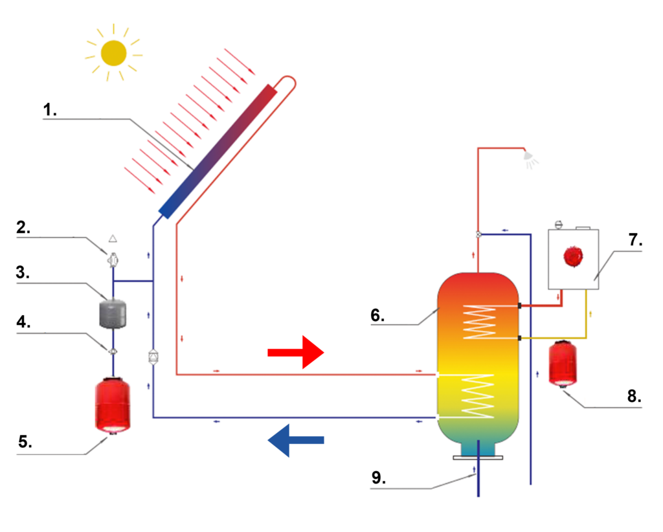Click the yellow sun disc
[x=114, y=53]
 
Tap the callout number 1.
[x=50, y=110]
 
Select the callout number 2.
[x=23, y=227]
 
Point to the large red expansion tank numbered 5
[x=113, y=406]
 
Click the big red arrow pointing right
[x=295, y=353]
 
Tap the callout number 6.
[x=377, y=316]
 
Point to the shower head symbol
[x=529, y=157]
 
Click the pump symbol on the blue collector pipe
[x=153, y=357]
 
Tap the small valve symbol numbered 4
[x=113, y=351]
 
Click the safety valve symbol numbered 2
[x=113, y=259]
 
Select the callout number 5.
[x=24, y=443]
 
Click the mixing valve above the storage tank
[x=478, y=234]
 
